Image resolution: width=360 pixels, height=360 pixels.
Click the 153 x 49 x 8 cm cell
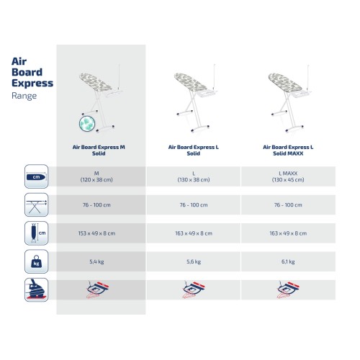coord(101,234)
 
